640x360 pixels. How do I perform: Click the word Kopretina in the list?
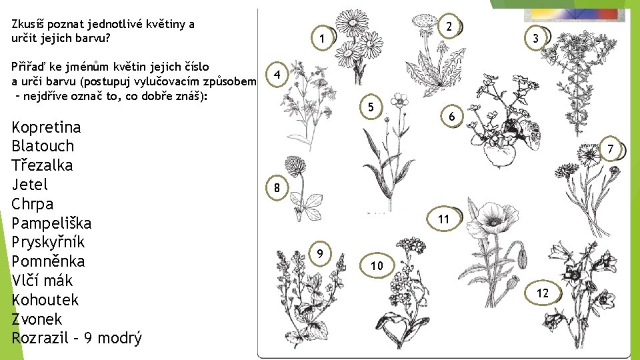pyautogui.click(x=46, y=128)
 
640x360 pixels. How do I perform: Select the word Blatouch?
pyautogui.click(x=43, y=146)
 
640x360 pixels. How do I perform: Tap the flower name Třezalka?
pyautogui.click(x=42, y=165)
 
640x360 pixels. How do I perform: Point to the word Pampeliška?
pyautogui.click(x=51, y=223)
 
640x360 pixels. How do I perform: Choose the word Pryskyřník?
pyautogui.click(x=48, y=242)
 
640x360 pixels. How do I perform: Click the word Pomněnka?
pyautogui.click(x=48, y=261)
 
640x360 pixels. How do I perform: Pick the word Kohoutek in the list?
pyautogui.click(x=45, y=299)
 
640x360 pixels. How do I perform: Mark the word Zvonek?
pyautogui.click(x=37, y=319)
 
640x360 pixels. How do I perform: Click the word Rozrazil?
pyautogui.click(x=40, y=338)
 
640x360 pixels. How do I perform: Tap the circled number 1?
pyautogui.click(x=323, y=39)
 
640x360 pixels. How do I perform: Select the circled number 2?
pyautogui.click(x=449, y=26)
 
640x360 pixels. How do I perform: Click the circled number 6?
pyautogui.click(x=452, y=116)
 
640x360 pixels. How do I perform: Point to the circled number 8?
pyautogui.click(x=277, y=188)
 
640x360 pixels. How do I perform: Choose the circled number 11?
pyautogui.click(x=444, y=219)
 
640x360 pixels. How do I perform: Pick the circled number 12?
pyautogui.click(x=543, y=293)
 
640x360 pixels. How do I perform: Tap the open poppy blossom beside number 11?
pyautogui.click(x=492, y=218)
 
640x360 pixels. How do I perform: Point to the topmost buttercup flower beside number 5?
pyautogui.click(x=399, y=100)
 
